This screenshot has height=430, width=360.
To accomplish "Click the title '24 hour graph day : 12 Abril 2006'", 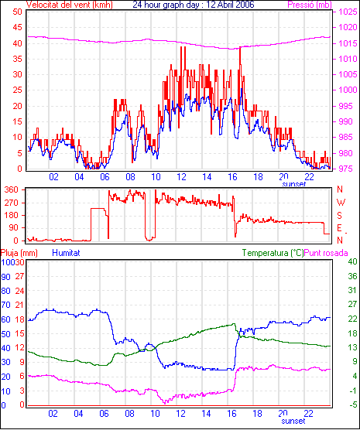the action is tap(194, 5).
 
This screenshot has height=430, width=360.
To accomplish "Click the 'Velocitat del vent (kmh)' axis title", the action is tap(70, 5).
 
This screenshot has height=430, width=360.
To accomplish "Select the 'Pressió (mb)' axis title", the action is tap(310, 5).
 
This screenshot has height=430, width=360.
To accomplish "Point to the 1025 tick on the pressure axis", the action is tap(348, 12).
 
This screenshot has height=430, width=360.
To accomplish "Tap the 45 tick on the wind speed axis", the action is tap(17, 27).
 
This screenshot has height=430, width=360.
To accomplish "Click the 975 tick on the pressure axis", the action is tap(346, 169).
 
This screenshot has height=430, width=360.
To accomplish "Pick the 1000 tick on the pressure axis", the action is tap(348, 90).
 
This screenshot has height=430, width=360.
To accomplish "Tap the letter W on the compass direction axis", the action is tap(341, 203).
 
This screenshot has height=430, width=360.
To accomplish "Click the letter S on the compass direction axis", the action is tap(340, 216).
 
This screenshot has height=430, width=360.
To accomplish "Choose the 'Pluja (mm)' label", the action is tap(19, 253).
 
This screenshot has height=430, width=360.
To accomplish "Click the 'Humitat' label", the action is tap(66, 253).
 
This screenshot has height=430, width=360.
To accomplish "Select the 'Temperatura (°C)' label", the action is tap(273, 253).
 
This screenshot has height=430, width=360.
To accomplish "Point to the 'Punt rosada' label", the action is tap(326, 253).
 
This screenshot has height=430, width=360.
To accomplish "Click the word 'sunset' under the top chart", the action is tap(294, 184).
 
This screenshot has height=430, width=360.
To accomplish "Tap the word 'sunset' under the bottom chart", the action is tap(293, 421).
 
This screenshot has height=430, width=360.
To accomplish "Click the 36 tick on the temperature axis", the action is tap(352, 276).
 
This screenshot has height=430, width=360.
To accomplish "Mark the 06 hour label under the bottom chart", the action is tap(104, 413).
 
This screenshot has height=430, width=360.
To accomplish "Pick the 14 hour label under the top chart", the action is tap(207, 177).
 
